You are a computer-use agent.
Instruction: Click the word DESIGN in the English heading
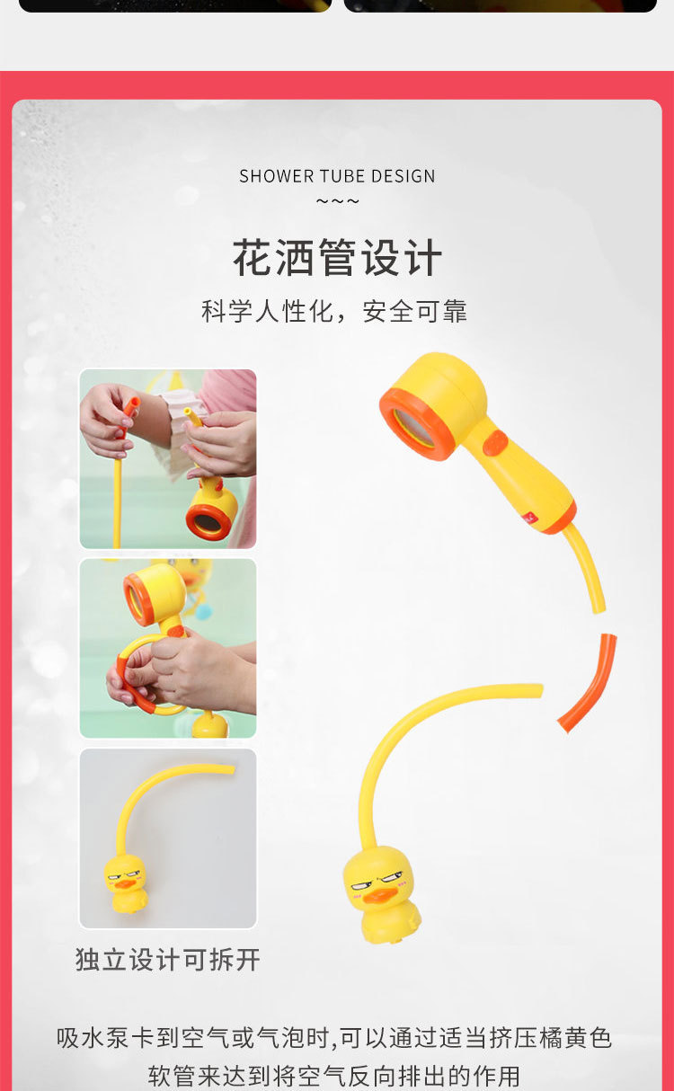tap(401, 176)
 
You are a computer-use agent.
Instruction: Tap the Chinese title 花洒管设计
tap(337, 259)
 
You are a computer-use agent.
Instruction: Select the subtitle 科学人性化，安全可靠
tap(334, 311)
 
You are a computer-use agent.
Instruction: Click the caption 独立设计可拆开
tap(168, 959)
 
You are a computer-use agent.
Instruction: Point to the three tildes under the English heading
tap(337, 200)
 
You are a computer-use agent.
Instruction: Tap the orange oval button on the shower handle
tap(495, 443)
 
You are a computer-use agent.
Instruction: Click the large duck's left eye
tap(361, 888)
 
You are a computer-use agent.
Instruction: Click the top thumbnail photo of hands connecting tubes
tap(168, 458)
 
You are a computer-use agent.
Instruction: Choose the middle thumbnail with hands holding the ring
tap(168, 648)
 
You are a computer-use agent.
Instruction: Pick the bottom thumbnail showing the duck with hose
tap(168, 838)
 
